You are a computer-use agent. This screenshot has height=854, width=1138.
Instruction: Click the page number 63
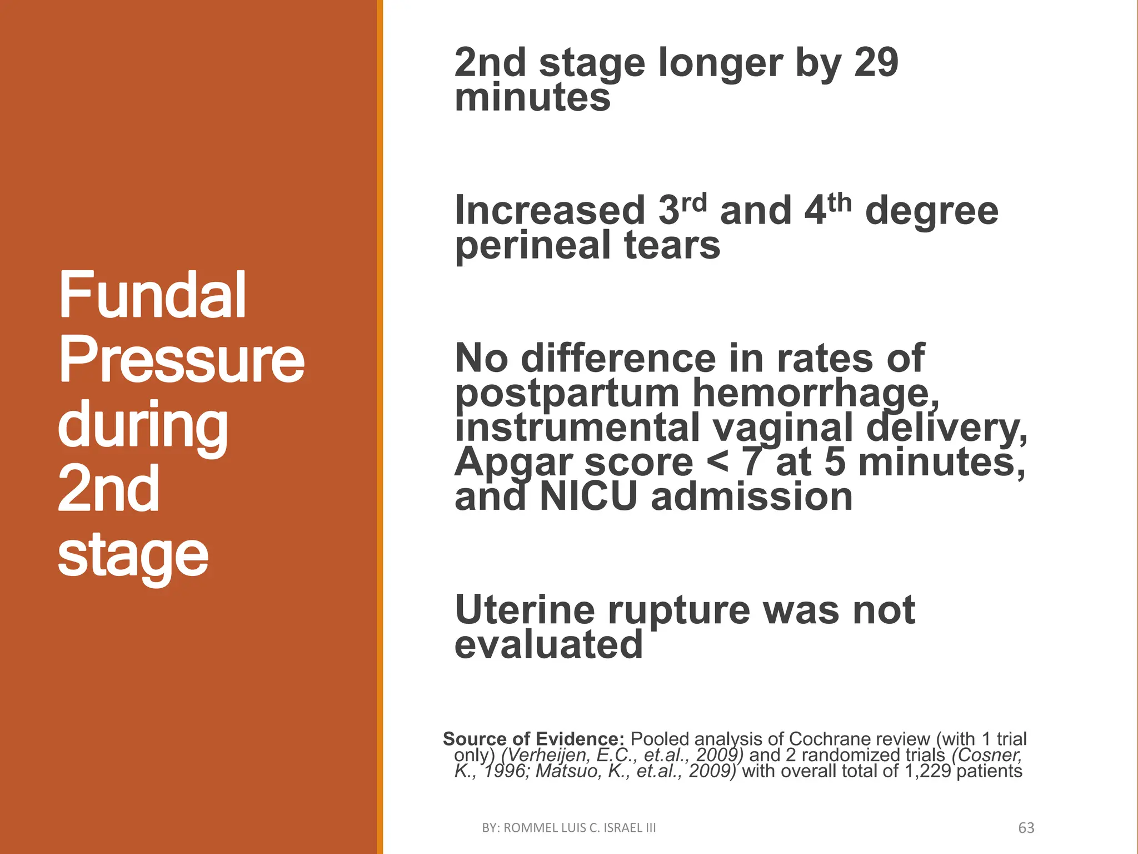pos(1026,828)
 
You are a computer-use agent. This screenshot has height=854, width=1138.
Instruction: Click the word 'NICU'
pos(588,496)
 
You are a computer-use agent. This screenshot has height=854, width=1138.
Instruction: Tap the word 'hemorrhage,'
pos(816,394)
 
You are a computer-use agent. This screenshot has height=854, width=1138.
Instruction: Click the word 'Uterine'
pos(525,610)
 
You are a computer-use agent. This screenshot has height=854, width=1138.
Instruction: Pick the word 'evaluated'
pos(548,644)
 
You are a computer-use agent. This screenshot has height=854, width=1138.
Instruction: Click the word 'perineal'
pos(532,245)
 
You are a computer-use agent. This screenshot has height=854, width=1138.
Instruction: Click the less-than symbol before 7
pos(717,463)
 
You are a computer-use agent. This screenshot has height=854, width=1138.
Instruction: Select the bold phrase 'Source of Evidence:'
pos(533,739)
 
